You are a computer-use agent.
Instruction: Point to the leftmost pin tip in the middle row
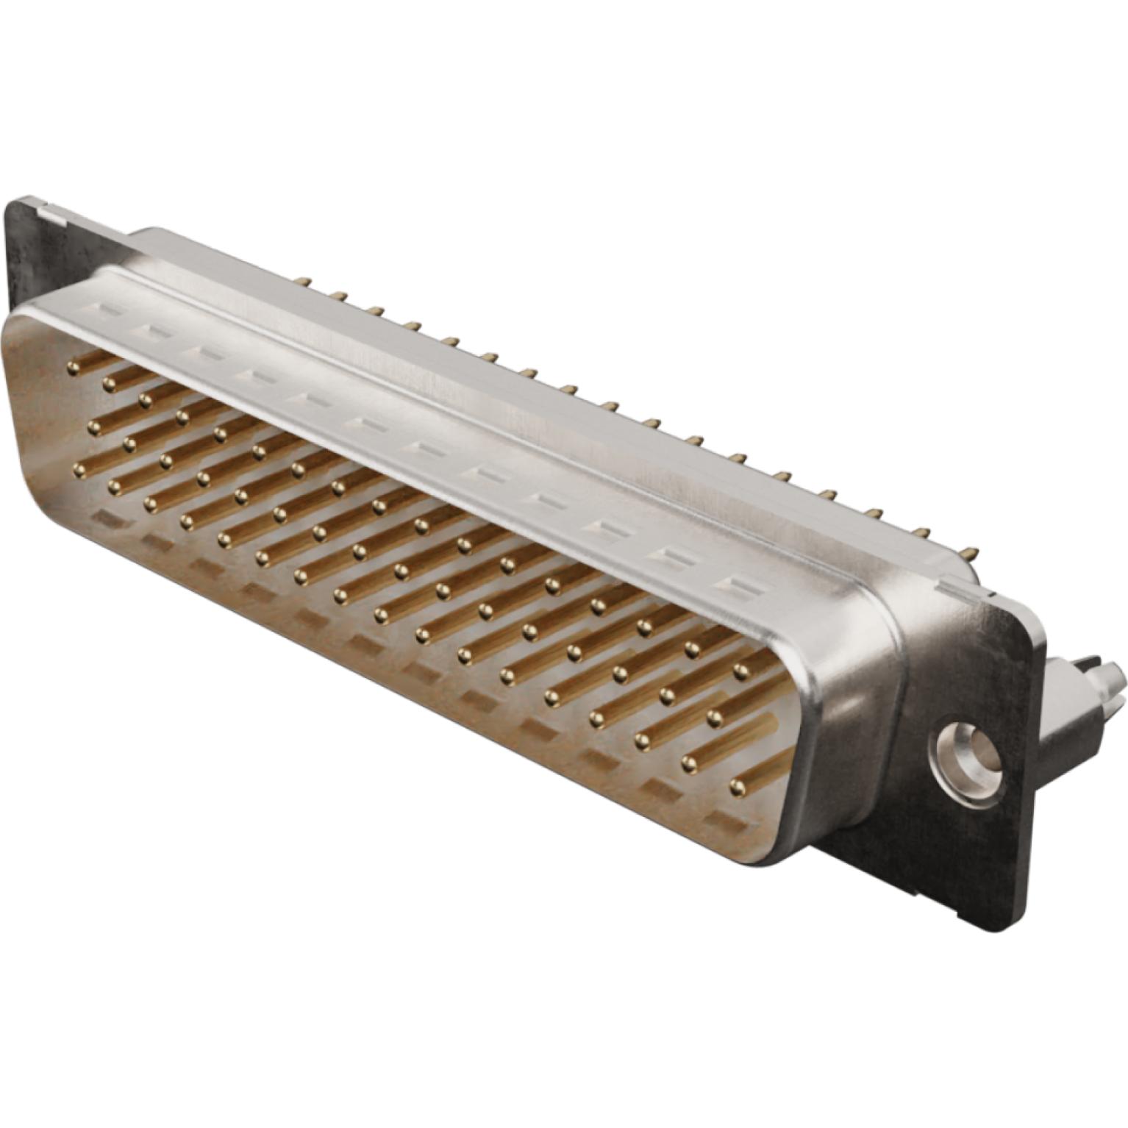click(x=93, y=424)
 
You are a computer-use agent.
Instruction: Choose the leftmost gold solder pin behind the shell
click(x=301, y=280)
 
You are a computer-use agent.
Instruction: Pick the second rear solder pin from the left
click(x=339, y=296)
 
